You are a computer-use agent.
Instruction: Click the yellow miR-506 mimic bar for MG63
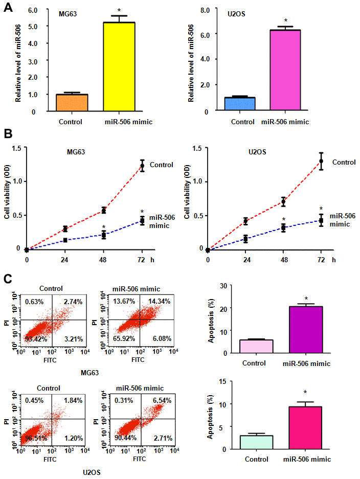pyautogui.click(x=119, y=66)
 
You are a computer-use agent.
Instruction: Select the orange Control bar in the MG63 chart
pyautogui.click(x=72, y=102)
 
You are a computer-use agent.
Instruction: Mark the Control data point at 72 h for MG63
pyautogui.click(x=142, y=166)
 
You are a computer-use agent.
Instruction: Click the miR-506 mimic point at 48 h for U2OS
pyautogui.click(x=283, y=228)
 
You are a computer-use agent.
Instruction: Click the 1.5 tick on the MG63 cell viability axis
pyautogui.click(x=19, y=148)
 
